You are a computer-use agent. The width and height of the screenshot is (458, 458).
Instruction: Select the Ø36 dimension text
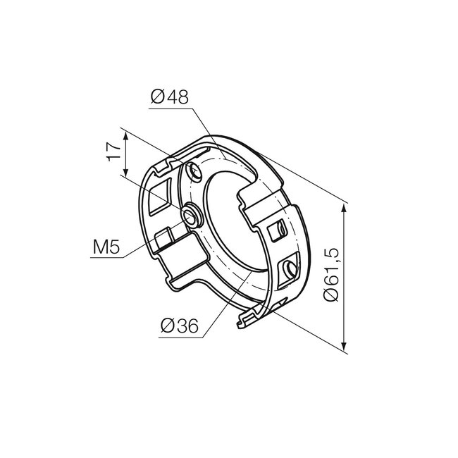[x=178, y=326]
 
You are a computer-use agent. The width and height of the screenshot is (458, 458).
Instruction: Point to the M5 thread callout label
[x=106, y=247]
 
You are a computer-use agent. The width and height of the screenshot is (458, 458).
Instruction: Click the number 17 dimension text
[x=111, y=152]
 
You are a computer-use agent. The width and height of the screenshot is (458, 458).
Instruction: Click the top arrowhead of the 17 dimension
[x=126, y=134]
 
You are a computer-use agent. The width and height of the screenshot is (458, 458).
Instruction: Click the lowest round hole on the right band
[x=289, y=268]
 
